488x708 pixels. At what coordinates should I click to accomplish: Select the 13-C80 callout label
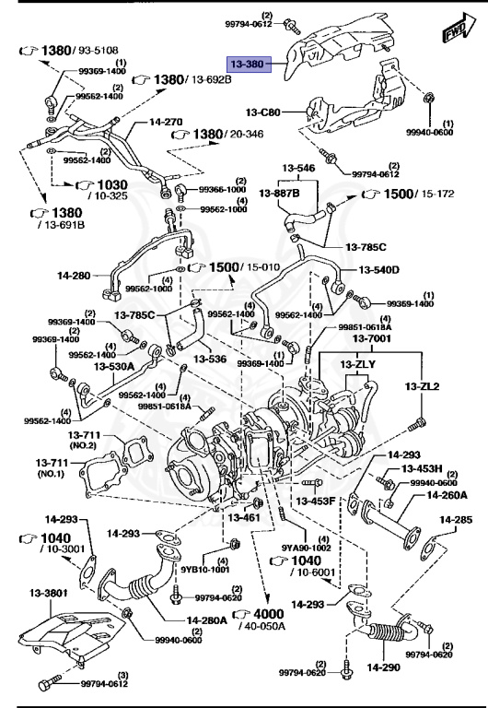[x=262, y=112]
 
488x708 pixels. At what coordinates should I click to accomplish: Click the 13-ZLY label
[x=359, y=365]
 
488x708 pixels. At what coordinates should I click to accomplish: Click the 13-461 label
[x=246, y=518]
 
